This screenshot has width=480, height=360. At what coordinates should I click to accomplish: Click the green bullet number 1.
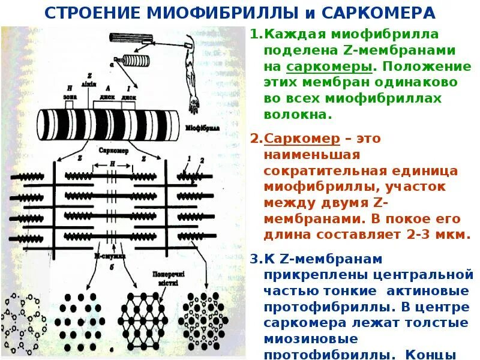pos(254,35)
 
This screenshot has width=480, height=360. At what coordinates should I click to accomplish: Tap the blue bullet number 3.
pos(254,260)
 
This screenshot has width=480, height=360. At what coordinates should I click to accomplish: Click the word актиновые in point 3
pos(437,292)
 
